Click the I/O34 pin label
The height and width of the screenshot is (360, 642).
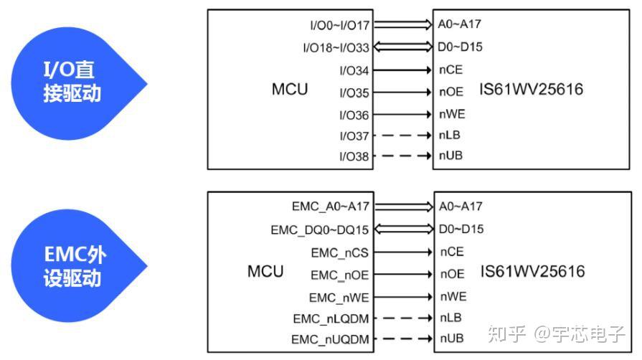point(354,70)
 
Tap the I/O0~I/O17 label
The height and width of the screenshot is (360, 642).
point(339,26)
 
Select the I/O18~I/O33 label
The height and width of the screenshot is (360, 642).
point(336,48)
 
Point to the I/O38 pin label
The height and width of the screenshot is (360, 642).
point(354,156)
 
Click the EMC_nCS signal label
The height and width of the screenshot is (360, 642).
point(340,252)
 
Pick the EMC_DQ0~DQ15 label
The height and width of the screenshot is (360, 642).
point(319,230)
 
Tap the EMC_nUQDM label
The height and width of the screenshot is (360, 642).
point(330,339)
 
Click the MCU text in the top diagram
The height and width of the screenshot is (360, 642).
point(290,90)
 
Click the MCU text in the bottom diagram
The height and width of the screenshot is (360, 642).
point(265,272)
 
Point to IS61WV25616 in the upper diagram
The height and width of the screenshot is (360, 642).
point(532,90)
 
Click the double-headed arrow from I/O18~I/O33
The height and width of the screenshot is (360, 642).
point(402,47)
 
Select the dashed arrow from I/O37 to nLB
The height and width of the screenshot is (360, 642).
point(402,135)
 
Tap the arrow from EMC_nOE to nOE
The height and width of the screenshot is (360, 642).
point(402,274)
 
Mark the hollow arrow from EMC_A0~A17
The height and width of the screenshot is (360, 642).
point(402,207)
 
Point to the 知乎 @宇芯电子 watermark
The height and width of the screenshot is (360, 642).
point(557,333)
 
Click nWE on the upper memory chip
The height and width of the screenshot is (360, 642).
point(452,114)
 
